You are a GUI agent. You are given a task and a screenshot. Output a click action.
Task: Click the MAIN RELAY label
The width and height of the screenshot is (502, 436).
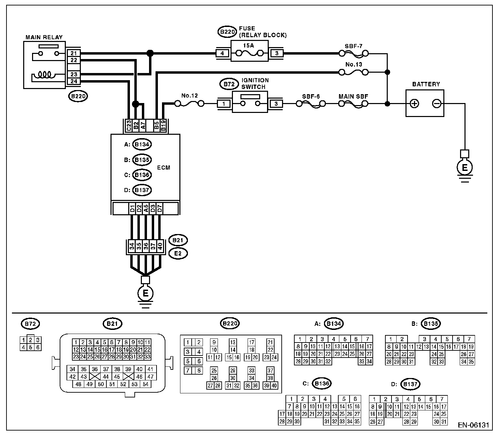pos(44,37)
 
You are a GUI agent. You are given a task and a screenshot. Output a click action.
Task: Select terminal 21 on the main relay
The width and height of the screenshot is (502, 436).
pos(74,53)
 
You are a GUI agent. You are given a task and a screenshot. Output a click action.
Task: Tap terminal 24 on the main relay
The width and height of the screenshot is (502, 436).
pos(74,81)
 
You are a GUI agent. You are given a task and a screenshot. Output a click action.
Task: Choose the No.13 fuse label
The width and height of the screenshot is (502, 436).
pos(354,64)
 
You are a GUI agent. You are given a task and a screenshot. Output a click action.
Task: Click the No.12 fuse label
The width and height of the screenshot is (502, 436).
pos(189,96)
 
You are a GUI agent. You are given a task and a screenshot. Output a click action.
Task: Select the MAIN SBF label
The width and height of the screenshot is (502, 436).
pos(353,96)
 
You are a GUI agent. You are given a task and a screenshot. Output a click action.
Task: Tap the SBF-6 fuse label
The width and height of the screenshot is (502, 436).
pos(311,96)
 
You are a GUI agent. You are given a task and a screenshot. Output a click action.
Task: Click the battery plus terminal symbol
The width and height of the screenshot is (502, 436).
pos(414,103)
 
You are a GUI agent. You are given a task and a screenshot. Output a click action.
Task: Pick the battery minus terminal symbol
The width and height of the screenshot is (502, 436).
pos(436,103)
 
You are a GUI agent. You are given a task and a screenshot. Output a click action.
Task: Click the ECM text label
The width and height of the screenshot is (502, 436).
pos(164,168)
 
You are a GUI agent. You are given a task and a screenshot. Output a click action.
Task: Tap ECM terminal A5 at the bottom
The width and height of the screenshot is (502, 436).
pos(146,208)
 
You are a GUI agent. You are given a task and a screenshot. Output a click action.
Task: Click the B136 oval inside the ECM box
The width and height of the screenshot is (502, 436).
pos(142,175)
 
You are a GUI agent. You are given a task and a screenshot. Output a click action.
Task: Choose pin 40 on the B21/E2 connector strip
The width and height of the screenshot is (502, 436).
pos(160,246)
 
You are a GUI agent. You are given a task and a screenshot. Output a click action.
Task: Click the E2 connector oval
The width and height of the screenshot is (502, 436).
pos(178,253)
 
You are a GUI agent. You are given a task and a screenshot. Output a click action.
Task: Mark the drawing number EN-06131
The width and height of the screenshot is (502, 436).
pos(473,425)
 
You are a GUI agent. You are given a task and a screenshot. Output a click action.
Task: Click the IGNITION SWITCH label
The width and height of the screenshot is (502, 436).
pos(255,84)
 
